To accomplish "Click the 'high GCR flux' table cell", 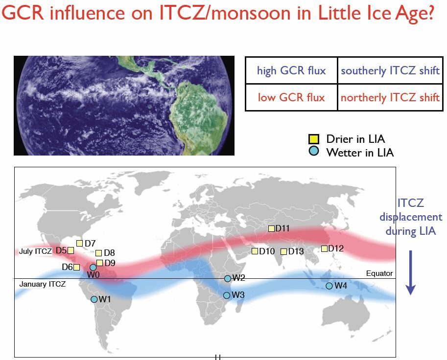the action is coord(291,70).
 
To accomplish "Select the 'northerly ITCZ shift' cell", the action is coord(390,97).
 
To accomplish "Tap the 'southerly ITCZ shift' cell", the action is coord(390,70).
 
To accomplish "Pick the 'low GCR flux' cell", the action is coord(291,97).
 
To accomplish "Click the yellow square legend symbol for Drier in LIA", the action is coord(313,139).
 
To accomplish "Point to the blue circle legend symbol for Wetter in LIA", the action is coord(313,151).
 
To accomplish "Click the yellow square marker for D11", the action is coord(271,228).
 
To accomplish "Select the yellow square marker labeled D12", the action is coord(324,248).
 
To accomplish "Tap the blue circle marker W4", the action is coord(329,286).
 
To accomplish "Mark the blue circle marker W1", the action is coord(94,299).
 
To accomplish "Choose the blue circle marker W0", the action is coord(93,268).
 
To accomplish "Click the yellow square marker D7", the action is coord(79,243).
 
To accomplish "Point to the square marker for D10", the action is coord(255,251).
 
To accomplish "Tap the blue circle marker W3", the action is coord(227,295).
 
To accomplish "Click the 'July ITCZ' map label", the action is coord(35,251).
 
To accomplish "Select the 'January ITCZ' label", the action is coord(43,284).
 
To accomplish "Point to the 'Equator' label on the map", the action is coord(379,273).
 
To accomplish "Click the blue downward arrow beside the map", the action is coord(410,272).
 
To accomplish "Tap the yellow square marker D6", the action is coord(76,267).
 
